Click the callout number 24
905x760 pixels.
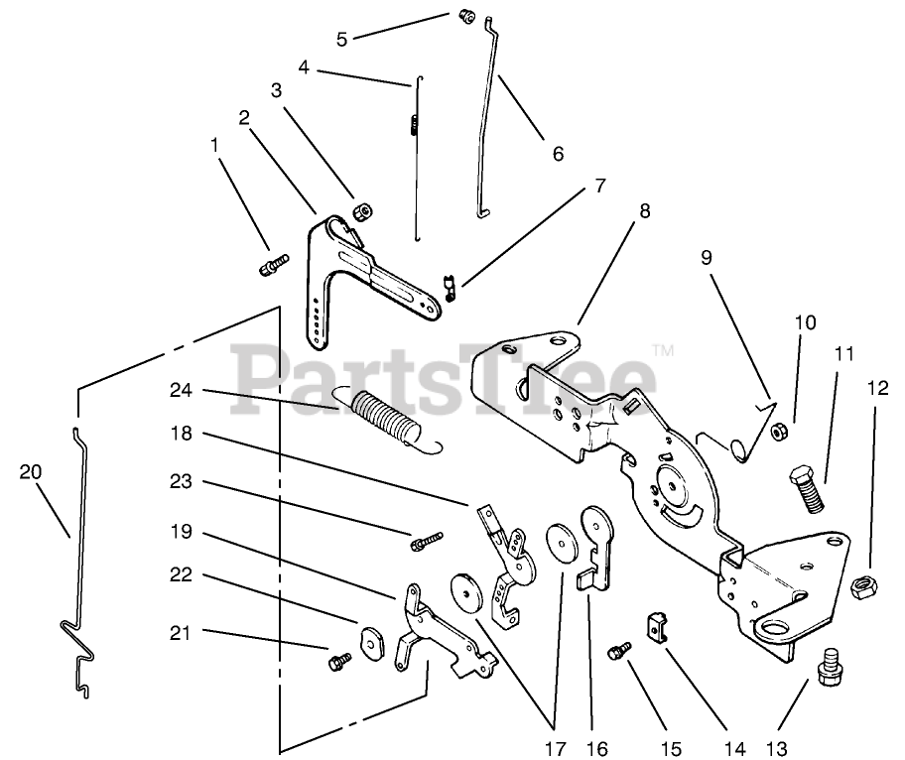coord(182,392)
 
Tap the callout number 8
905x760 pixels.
coord(645,211)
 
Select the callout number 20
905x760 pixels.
coord(31,472)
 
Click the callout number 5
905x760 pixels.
coord(342,40)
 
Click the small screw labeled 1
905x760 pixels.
coord(274,266)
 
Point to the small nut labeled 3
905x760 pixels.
coord(362,212)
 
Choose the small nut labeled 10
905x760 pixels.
coord(780,432)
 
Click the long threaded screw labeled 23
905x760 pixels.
coord(425,541)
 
